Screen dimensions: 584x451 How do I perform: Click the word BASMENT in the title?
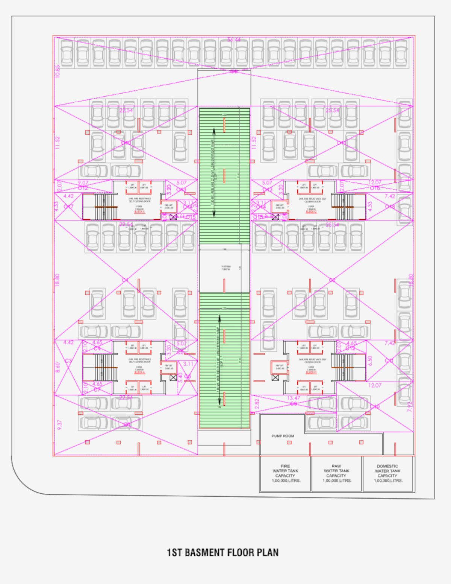click(x=204, y=552)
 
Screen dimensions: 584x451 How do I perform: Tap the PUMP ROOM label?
click(x=283, y=436)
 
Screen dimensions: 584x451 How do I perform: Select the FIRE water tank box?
click(x=286, y=473)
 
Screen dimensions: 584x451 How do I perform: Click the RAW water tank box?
click(x=336, y=473)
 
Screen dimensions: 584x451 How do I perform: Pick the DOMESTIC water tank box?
click(x=387, y=473)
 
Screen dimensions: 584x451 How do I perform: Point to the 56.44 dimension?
click(x=234, y=40)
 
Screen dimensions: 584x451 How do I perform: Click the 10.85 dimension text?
click(x=58, y=71)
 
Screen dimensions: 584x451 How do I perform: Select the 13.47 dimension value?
click(x=294, y=398)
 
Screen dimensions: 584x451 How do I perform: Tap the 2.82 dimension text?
click(x=257, y=403)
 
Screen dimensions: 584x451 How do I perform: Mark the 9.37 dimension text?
click(x=59, y=425)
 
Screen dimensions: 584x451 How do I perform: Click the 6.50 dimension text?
click(x=370, y=360)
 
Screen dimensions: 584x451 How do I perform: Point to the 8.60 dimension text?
click(x=58, y=367)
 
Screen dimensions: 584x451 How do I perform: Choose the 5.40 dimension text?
click(x=180, y=377)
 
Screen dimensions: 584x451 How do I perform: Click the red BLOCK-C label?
click(x=139, y=212)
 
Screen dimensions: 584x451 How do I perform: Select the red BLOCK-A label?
click(x=139, y=373)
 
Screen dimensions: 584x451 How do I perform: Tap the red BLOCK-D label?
click(x=311, y=212)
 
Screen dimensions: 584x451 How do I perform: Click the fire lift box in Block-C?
click(x=169, y=207)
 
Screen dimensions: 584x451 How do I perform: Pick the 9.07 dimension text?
click(x=83, y=183)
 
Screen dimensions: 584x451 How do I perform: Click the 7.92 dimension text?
click(x=410, y=406)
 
